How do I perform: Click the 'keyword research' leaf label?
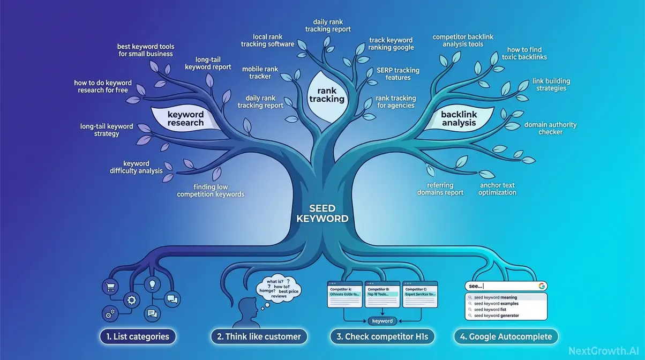click(x=185, y=118)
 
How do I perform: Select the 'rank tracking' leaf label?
click(x=327, y=95)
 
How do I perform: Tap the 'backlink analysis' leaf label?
click(x=459, y=118)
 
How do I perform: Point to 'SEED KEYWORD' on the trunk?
click(x=322, y=213)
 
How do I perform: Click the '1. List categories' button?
click(x=138, y=336)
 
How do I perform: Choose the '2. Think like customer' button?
click(x=259, y=336)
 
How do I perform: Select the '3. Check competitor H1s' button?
click(x=382, y=336)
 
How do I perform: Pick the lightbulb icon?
click(x=152, y=284)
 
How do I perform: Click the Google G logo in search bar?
click(x=542, y=286)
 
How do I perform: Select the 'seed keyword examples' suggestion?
click(x=495, y=304)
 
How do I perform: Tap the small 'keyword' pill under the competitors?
click(x=382, y=321)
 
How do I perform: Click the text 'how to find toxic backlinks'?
click(x=527, y=53)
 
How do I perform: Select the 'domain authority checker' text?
click(x=550, y=128)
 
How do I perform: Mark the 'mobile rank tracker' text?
click(x=260, y=73)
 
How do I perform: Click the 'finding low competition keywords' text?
click(x=211, y=191)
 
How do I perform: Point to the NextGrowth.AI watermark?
click(x=603, y=351)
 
